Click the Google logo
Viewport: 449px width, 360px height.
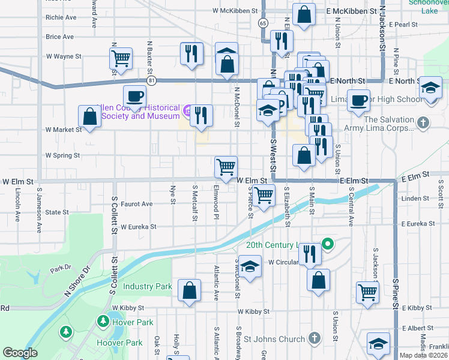pos(20,353)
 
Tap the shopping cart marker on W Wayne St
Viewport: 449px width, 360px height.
pos(121,59)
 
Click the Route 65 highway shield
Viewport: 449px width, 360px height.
pos(264,23)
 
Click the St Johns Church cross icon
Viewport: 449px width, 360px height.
pos(313,339)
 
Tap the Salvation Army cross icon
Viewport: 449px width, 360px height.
pos(424,123)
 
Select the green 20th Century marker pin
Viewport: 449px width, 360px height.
pos(328,244)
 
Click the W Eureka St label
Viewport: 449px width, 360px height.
pos(138,227)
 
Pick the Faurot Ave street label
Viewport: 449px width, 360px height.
pos(137,204)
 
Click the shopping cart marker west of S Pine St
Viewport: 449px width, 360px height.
pos(367,292)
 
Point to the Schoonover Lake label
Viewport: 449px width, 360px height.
pos(429,6)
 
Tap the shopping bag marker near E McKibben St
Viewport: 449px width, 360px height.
pos(304,16)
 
